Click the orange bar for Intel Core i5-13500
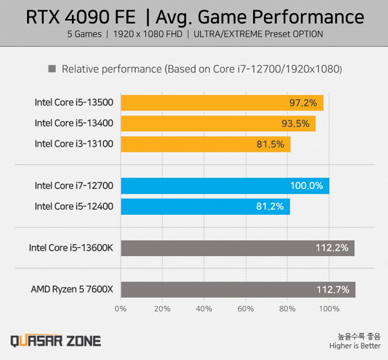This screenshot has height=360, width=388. tap(222, 103)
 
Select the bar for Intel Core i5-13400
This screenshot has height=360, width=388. tap(218, 124)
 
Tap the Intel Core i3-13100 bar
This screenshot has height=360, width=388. tap(206, 144)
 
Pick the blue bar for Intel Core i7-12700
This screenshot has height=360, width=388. tap(225, 186)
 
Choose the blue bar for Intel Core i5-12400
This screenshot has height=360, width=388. tap(205, 206)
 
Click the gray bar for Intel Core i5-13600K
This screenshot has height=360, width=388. tap(237, 248)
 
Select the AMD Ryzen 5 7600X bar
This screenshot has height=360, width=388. tap(238, 289)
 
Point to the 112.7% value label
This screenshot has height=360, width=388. tap(332, 290)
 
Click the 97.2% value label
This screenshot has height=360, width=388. tap(303, 103)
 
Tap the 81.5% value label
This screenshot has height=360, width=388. tap(270, 144)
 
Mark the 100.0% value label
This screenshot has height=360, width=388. tap(306, 186)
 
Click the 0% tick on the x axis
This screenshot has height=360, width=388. tap(121, 309)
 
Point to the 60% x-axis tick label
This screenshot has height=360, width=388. tap(246, 309)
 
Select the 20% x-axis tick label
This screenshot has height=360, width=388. tap(163, 309)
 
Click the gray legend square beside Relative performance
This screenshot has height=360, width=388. tap(52, 69)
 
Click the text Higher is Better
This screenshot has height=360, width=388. tap(354, 346)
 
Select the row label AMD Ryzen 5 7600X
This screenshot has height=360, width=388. tap(72, 290)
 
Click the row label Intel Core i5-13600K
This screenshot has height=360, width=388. tap(71, 248)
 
